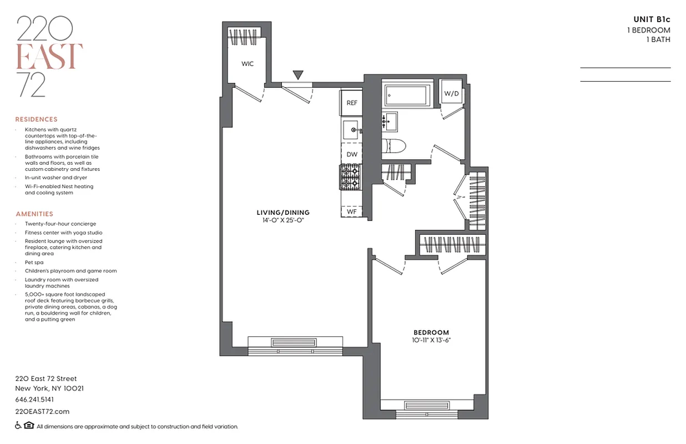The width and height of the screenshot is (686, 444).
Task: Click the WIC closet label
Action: coord(248,64)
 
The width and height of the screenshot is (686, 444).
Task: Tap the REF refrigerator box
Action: coord(351,103)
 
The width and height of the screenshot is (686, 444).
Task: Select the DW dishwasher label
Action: coord(352,154)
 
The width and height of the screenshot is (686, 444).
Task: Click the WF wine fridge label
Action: coord(352,211)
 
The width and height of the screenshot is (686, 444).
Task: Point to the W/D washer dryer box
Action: coord(451,93)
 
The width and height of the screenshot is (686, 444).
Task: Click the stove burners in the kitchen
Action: coord(351,178)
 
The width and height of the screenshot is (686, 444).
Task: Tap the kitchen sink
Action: coord(351,130)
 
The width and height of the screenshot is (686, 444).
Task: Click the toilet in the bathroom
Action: coord(395,146)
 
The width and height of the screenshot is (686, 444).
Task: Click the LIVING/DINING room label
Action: coord(283,213)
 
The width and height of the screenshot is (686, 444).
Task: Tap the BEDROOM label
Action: coord(431,332)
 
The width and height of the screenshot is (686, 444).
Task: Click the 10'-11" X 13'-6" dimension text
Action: coord(431,340)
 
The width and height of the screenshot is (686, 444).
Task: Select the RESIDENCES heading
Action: coord(36,119)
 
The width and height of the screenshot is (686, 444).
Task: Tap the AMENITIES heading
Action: coord(34,214)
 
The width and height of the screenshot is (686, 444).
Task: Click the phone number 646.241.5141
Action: coord(34,400)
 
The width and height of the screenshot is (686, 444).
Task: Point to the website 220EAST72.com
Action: coord(42,411)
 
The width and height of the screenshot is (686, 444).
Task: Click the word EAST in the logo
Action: coord(50,56)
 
